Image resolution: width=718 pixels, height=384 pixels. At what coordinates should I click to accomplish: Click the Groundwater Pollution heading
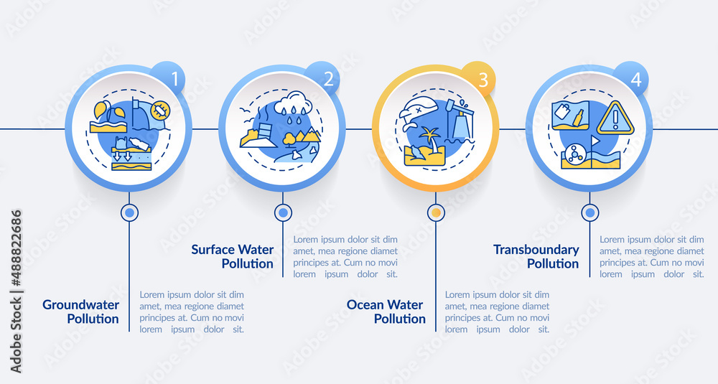[80, 312]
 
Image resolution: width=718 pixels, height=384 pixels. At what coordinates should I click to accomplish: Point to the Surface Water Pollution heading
[232, 256]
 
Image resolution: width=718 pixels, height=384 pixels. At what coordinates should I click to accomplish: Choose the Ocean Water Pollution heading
[386, 312]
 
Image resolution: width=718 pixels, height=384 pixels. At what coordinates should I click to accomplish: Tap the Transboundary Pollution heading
[536, 256]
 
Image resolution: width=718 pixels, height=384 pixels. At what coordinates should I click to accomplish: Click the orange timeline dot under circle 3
[436, 212]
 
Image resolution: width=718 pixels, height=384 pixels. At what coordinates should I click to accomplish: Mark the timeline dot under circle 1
[129, 212]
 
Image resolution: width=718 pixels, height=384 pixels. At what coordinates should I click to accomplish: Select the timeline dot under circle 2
[283, 212]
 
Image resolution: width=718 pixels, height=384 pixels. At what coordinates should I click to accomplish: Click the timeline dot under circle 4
[590, 212]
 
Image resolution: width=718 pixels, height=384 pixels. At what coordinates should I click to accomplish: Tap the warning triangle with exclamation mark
[615, 118]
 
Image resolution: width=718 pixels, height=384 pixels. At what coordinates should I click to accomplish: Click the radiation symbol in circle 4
[574, 153]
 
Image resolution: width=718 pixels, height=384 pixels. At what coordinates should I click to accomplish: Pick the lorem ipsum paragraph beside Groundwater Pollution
[192, 312]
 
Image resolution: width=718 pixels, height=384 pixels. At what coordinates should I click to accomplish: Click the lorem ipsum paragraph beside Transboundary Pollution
[652, 256]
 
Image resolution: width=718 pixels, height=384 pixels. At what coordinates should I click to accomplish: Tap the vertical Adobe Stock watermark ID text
[17, 291]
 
